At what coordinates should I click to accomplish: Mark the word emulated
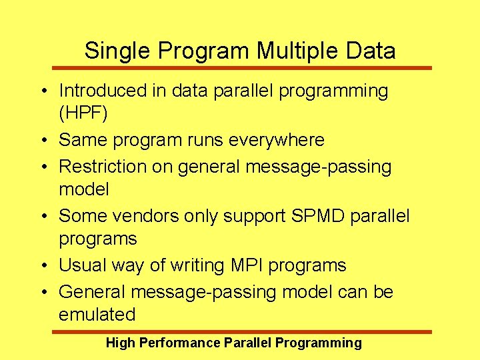pos(97,315)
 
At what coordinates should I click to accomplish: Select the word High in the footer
pos(120,343)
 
